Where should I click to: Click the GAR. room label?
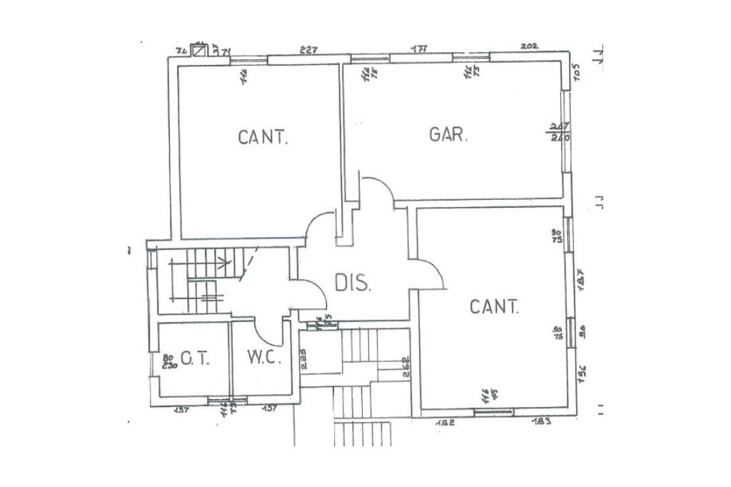(449, 135)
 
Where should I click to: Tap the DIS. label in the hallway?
(353, 283)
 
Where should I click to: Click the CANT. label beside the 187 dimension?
(494, 307)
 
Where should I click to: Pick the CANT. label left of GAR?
(263, 137)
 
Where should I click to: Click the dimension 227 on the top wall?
(308, 49)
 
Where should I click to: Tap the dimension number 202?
(529, 46)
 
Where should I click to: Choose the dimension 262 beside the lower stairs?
(405, 365)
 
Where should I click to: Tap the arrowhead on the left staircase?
(228, 262)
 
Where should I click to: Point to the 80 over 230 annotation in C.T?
(168, 361)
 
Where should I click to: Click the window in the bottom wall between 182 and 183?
(494, 412)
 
